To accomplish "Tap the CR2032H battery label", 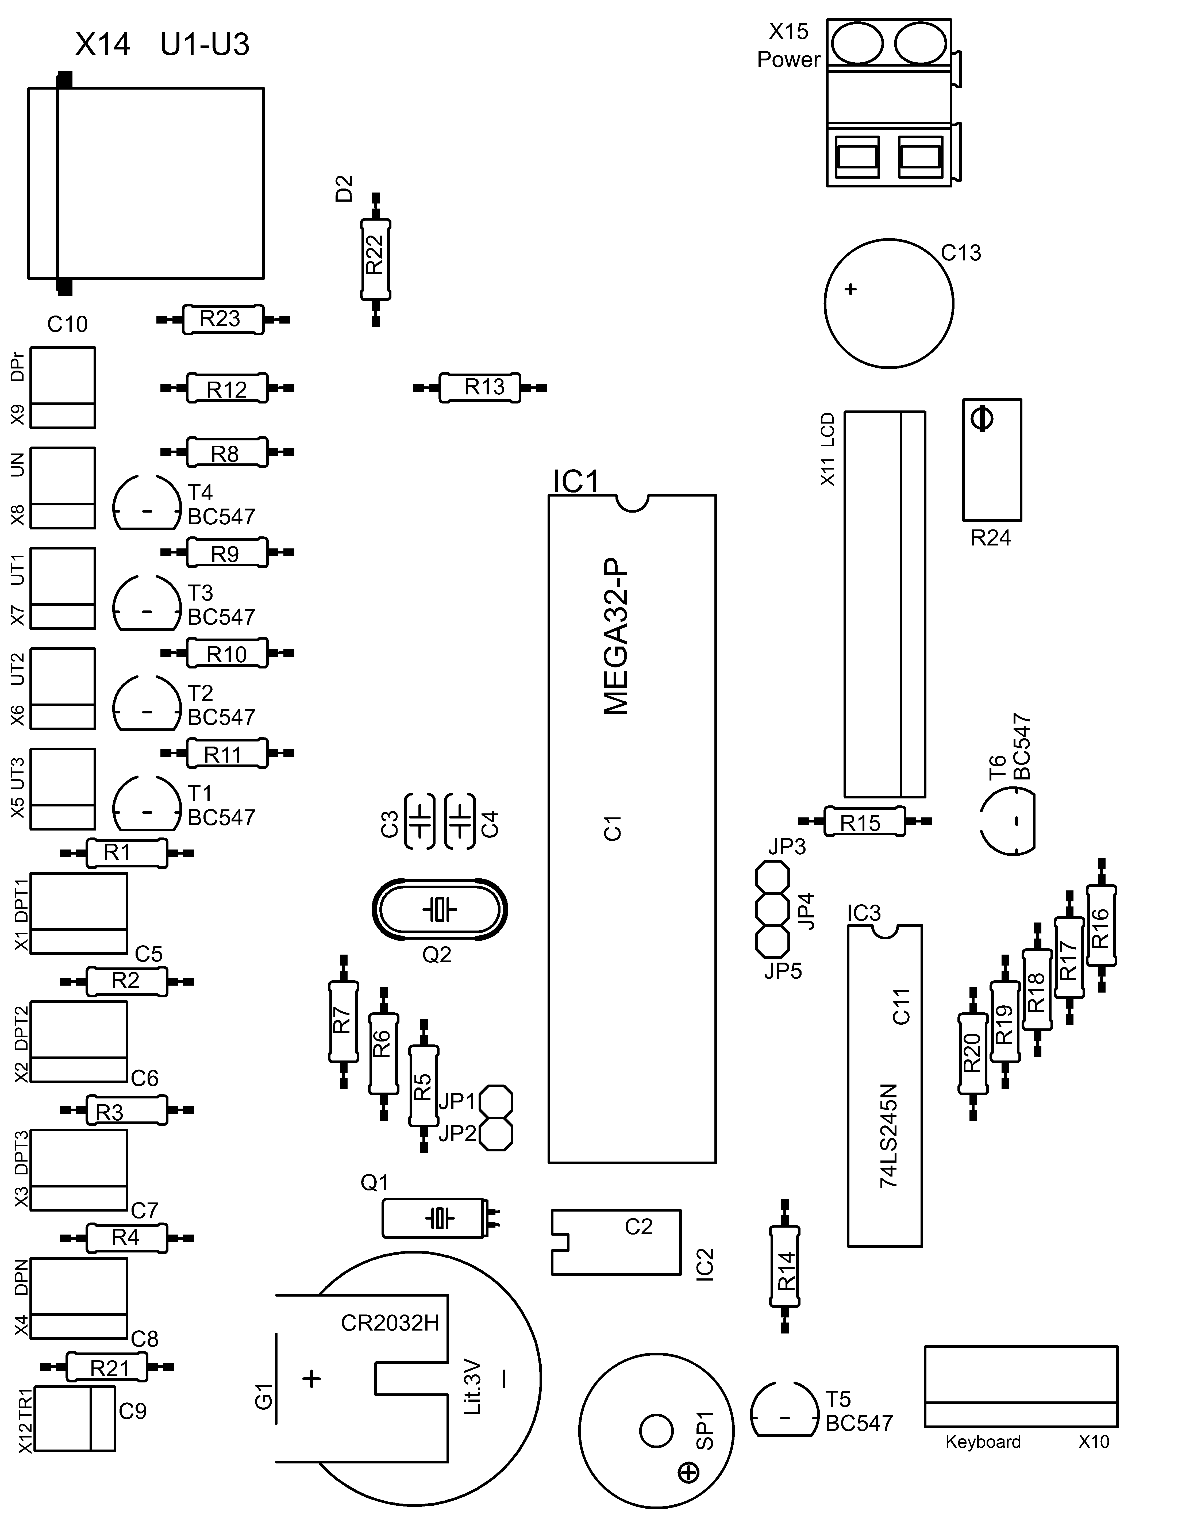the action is click(x=390, y=1323).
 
